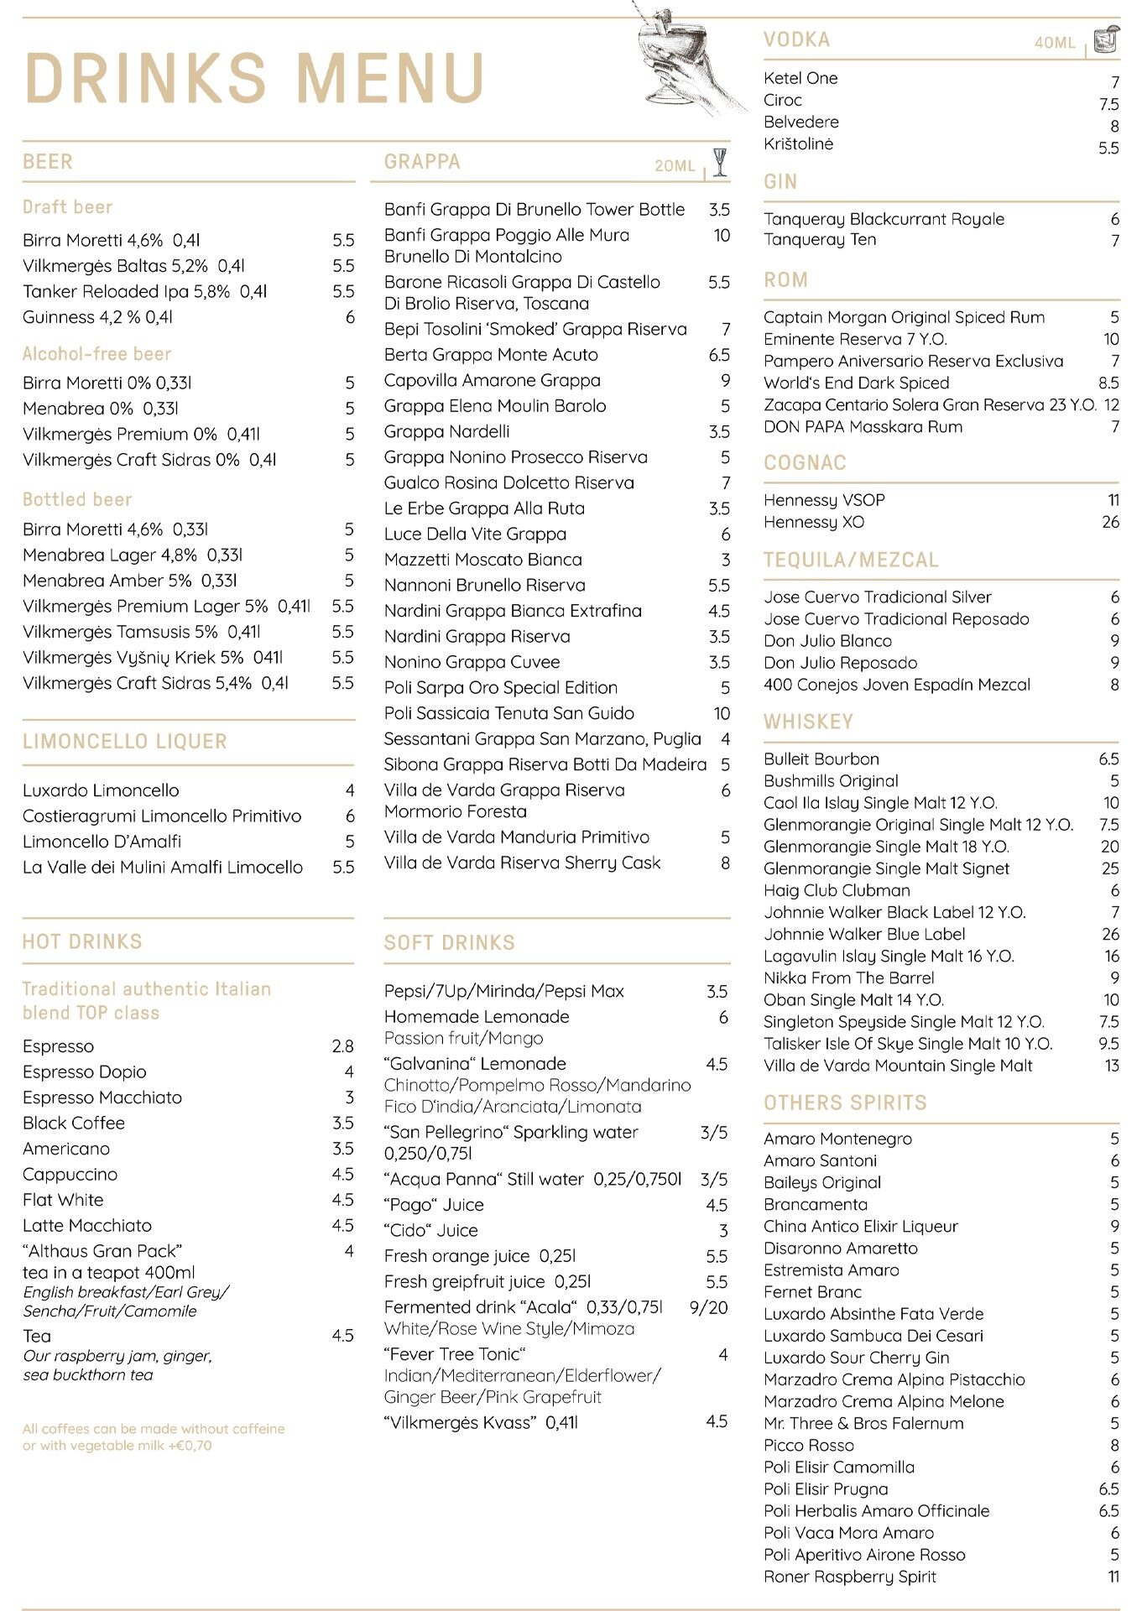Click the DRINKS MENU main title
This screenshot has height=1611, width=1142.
coord(254,78)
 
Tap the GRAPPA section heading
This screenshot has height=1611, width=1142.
coord(422,162)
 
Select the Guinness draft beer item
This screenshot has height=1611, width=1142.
coord(97,317)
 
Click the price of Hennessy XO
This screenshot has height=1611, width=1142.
coord(1110,522)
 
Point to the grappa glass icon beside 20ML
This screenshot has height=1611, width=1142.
coord(719,161)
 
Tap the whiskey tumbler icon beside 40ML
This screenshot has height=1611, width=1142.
coord(1107,39)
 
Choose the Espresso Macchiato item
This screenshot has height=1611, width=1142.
coord(102,1097)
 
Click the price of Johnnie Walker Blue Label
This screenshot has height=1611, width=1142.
coord(1110,934)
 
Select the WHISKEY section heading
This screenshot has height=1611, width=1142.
coord(808,722)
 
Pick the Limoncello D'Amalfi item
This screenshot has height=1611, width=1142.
coord(102,842)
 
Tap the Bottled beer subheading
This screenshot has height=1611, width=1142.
coord(77,500)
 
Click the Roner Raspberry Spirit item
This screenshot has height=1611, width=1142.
coord(849,1577)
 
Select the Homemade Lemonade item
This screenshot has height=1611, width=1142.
coord(477,1017)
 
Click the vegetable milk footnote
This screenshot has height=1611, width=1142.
coord(154,1436)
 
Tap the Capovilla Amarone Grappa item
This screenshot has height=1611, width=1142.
coord(492,380)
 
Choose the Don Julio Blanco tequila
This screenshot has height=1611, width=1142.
coord(827,641)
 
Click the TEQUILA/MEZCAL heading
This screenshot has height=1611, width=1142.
coord(851,560)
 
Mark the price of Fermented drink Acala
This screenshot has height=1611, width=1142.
coord(708,1307)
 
